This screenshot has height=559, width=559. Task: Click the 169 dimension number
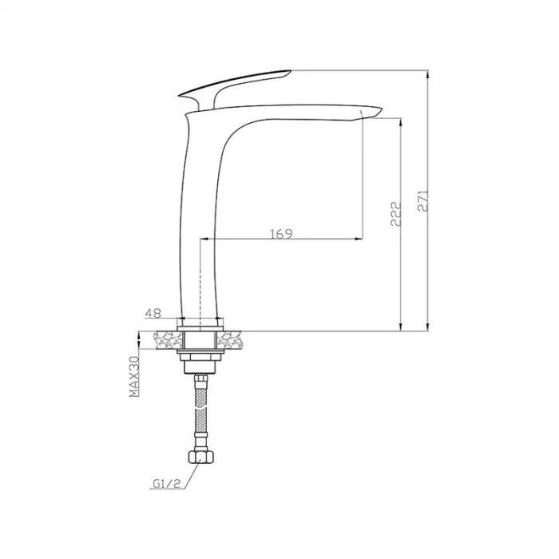281,233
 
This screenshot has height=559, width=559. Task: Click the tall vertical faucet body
200,224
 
